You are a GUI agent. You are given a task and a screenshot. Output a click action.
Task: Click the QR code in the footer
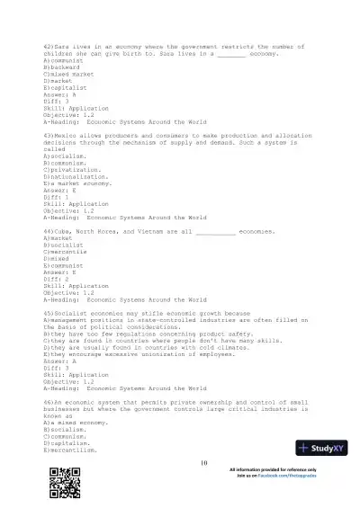pos(59,486)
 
